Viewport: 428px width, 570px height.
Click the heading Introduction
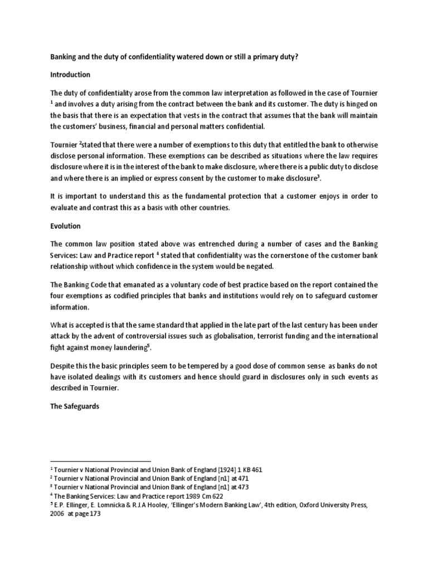pos(70,75)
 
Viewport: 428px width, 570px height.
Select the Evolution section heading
pos(65,227)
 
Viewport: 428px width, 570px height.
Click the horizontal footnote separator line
pos(100,461)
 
